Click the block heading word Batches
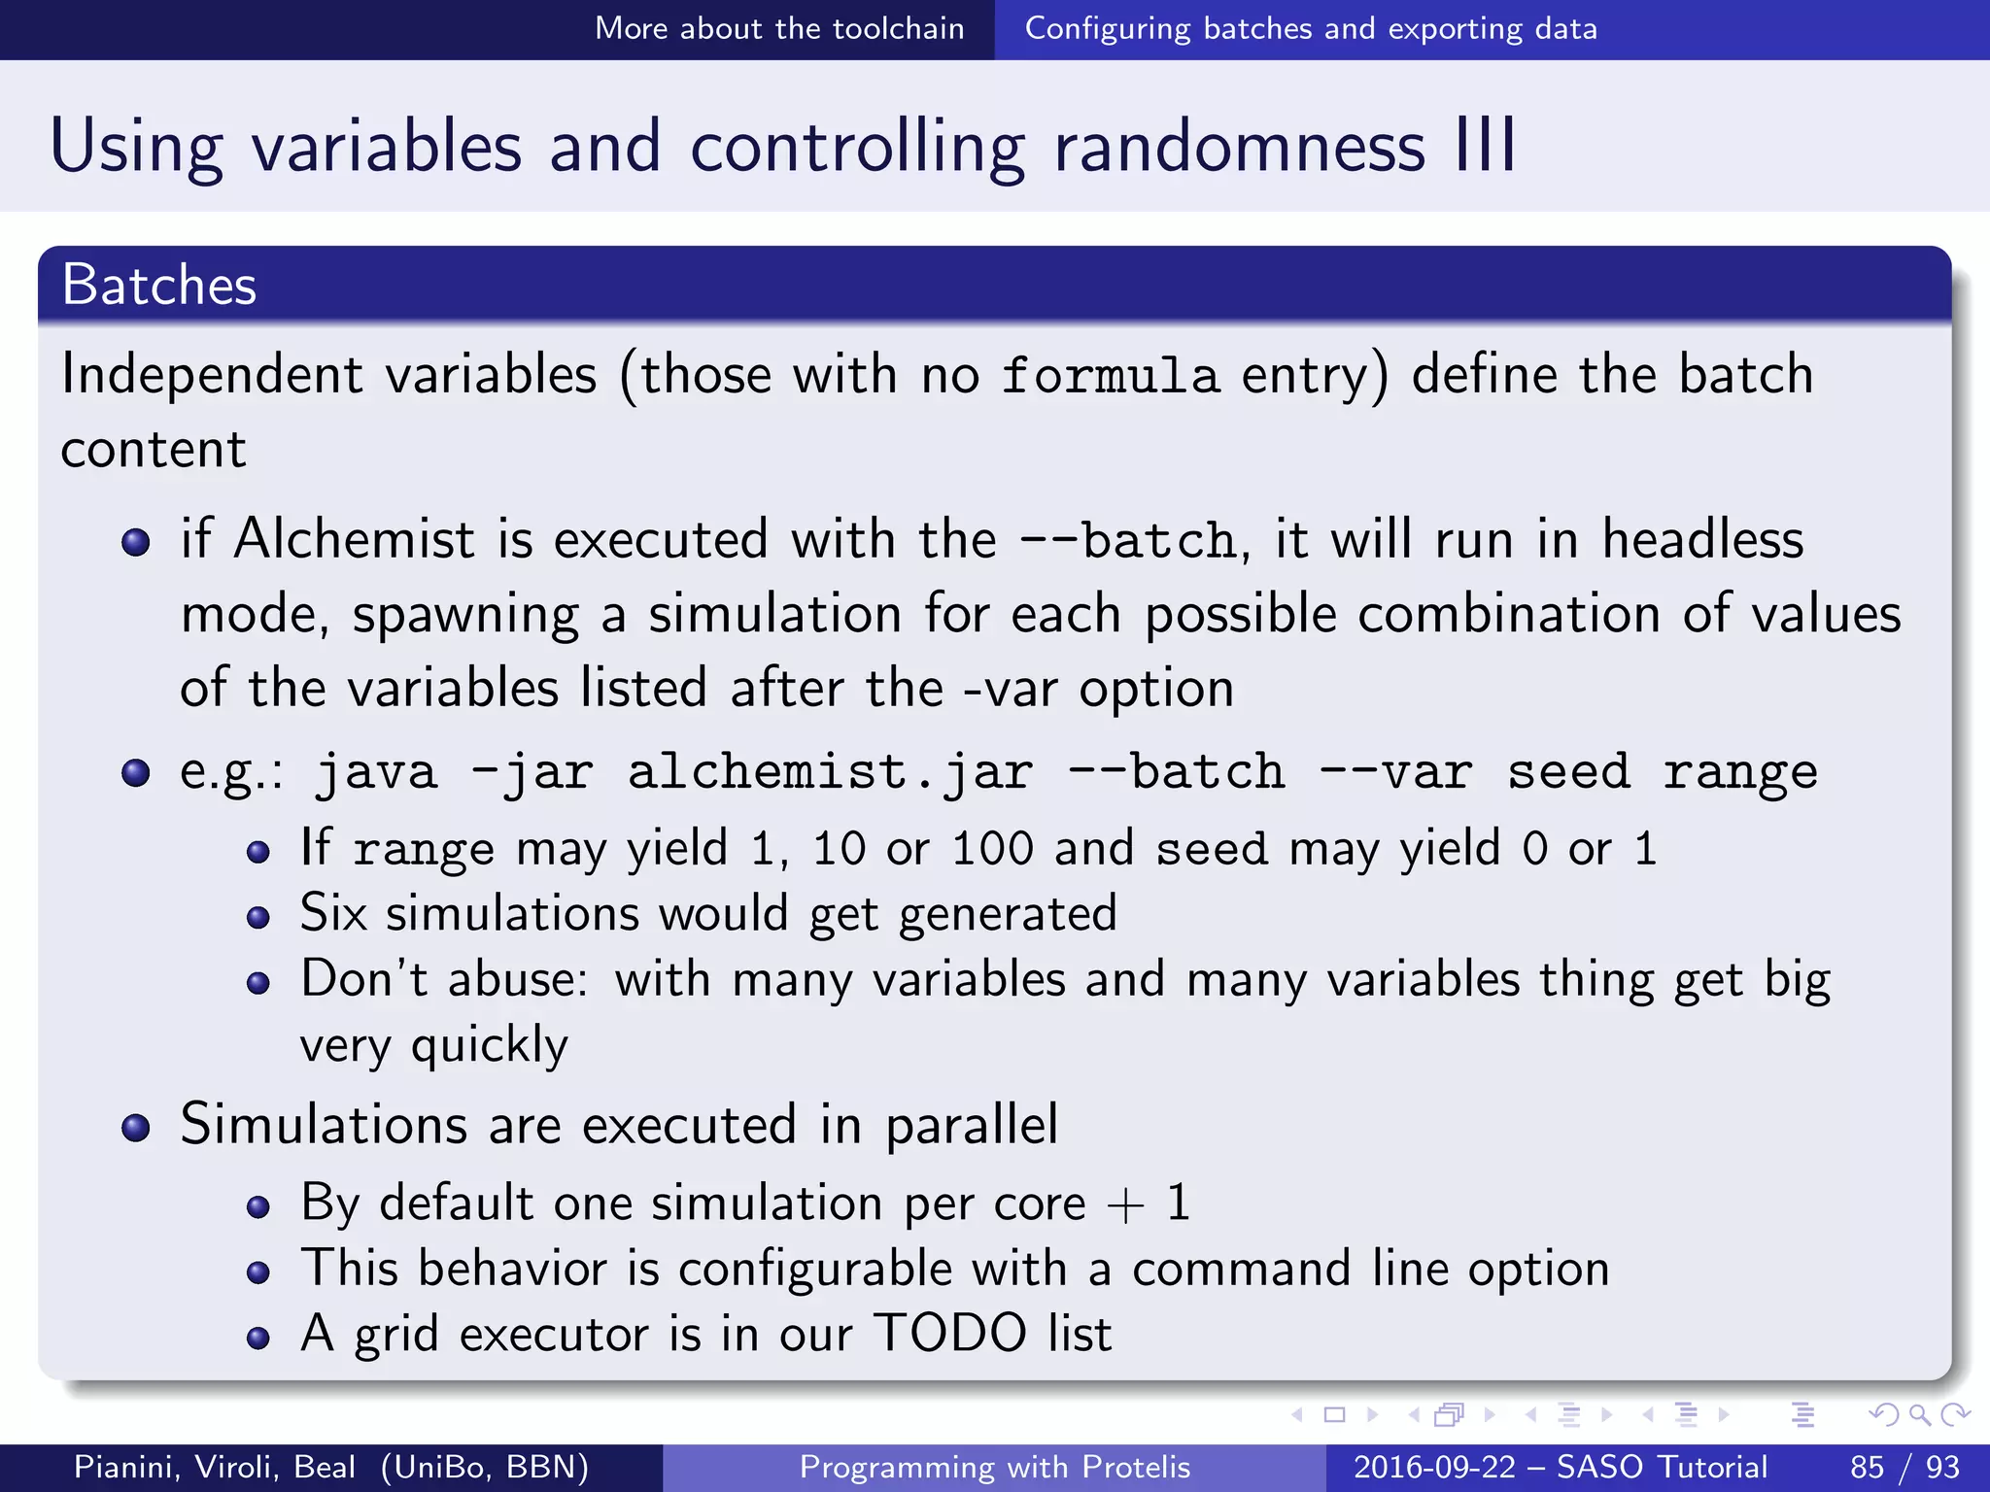(x=159, y=286)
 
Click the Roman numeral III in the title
(x=1485, y=146)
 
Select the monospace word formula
(x=1110, y=376)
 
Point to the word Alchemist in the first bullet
(x=354, y=539)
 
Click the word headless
(x=1702, y=539)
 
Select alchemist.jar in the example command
(x=830, y=772)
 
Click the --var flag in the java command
(x=1395, y=772)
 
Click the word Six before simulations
(x=333, y=913)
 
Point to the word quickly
(x=489, y=1046)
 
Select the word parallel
(x=971, y=1125)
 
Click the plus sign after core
(x=1125, y=1204)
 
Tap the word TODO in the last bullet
(x=949, y=1333)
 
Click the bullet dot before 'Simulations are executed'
(x=136, y=1128)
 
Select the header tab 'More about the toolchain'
(x=779, y=29)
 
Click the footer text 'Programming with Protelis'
(x=994, y=1467)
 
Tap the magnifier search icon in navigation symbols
(x=1918, y=1414)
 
